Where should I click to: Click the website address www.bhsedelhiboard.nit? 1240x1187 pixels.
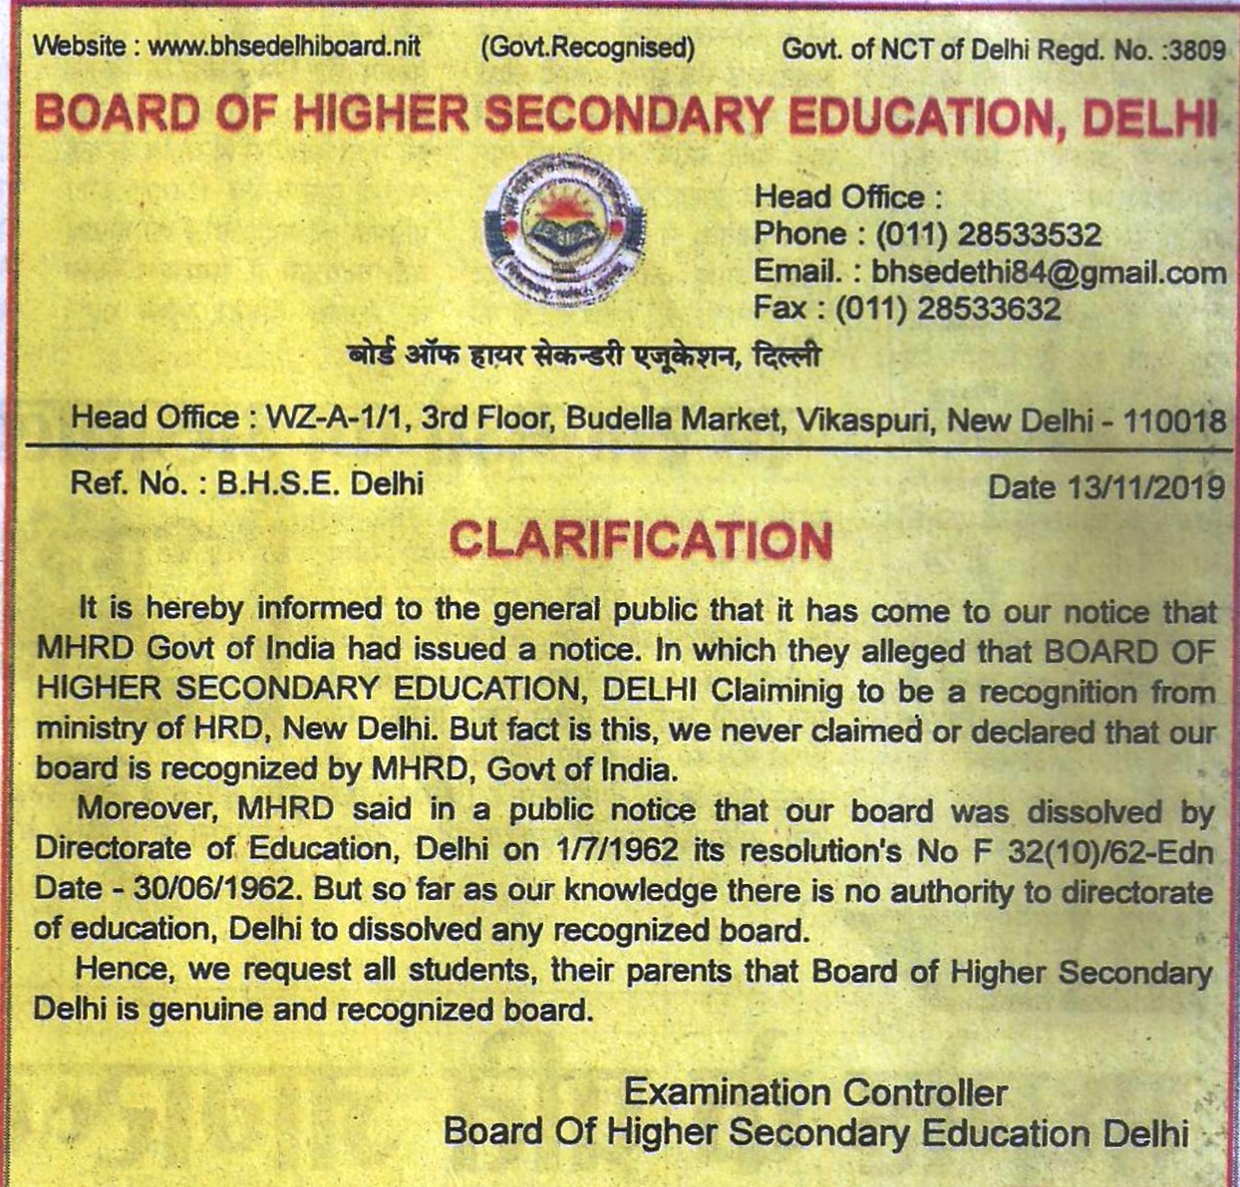[284, 47]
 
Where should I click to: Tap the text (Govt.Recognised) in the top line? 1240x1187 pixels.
[587, 47]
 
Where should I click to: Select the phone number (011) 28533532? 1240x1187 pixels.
[988, 234]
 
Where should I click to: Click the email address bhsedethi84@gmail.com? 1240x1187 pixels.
[1048, 271]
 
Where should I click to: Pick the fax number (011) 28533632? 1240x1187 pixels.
[947, 308]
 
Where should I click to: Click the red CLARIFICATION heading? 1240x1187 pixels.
[640, 540]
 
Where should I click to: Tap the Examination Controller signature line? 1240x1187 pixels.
[814, 1092]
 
